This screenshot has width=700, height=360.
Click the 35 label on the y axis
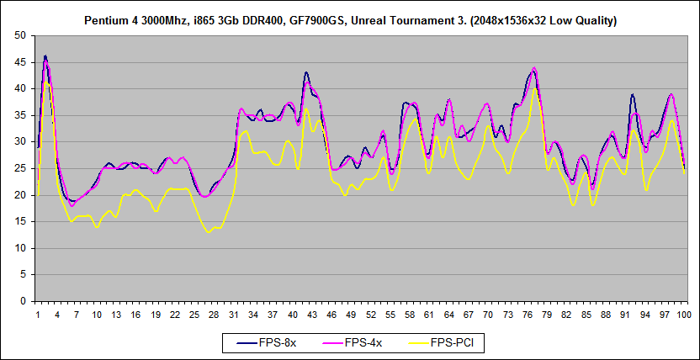point(21,115)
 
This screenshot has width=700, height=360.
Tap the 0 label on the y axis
point(24,301)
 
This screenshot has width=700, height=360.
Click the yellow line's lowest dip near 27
point(208,232)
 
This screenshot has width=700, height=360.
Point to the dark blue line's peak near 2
point(45,56)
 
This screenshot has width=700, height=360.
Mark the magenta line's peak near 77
point(534,67)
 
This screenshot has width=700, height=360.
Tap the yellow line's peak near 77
point(534,88)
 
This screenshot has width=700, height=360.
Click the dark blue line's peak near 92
point(632,94)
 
